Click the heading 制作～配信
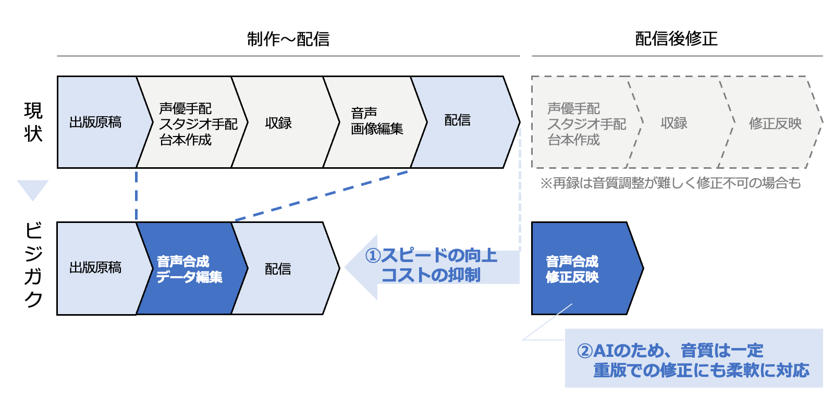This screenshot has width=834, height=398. (288, 39)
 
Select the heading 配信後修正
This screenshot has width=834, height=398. (676, 39)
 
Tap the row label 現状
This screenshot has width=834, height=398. (33, 122)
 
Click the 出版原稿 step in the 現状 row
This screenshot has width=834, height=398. (95, 122)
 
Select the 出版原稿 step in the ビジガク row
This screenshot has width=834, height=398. (95, 268)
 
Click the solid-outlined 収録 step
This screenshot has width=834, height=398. (278, 123)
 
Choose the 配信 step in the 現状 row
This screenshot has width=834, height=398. (458, 121)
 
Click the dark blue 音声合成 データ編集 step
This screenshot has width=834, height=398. (189, 269)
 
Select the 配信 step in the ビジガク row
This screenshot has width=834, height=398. (278, 269)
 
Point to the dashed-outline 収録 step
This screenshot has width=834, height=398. (674, 123)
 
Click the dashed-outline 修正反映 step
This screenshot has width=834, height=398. (775, 123)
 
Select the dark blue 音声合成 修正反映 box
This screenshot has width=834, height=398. (579, 269)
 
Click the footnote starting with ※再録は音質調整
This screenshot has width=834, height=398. (670, 183)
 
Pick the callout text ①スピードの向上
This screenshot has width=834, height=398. (431, 256)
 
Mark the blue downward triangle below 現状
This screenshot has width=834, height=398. (33, 189)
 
